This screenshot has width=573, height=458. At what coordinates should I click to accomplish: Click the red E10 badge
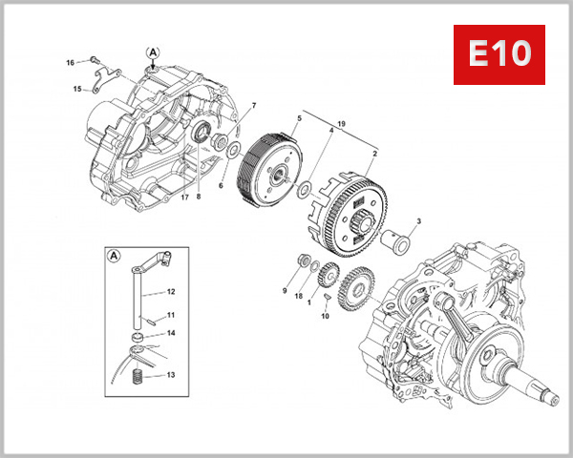498,54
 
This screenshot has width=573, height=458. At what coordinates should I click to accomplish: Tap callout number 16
70,63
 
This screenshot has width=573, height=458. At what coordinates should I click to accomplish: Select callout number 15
76,90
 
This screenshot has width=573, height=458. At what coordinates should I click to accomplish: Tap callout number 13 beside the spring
171,375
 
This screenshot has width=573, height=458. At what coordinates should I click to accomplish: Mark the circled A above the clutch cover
153,52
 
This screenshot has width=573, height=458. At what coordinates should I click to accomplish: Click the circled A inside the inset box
115,256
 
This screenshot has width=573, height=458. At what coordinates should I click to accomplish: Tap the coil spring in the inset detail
139,375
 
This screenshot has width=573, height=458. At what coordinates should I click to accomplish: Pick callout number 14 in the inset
171,333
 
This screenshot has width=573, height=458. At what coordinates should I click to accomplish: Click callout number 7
254,105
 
